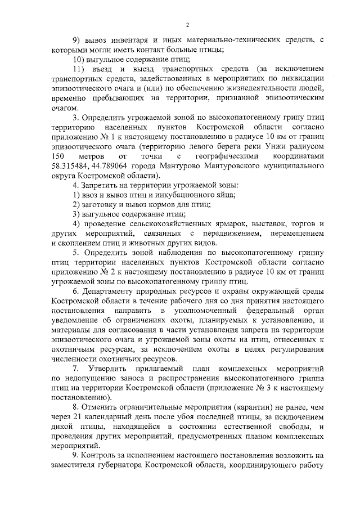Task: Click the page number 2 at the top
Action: (x=187, y=24)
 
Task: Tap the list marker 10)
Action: (x=82, y=60)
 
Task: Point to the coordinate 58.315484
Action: (x=70, y=166)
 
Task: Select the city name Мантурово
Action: (x=173, y=166)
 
